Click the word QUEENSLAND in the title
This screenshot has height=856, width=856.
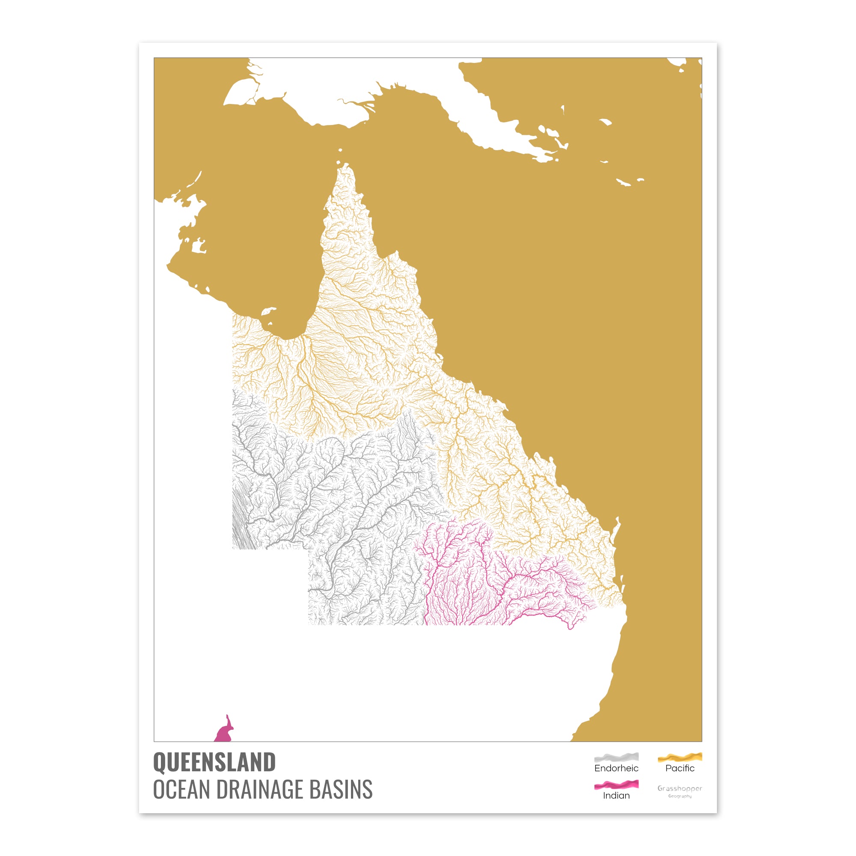pyautogui.click(x=214, y=762)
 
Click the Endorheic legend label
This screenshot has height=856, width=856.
pyautogui.click(x=616, y=768)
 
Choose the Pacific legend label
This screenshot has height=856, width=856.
pyautogui.click(x=680, y=768)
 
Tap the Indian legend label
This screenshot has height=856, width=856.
pyautogui.click(x=616, y=795)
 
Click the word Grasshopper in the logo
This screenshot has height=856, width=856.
pyautogui.click(x=680, y=788)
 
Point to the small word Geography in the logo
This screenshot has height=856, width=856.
pyautogui.click(x=680, y=796)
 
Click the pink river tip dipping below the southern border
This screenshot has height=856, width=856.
pyautogui.click(x=570, y=626)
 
